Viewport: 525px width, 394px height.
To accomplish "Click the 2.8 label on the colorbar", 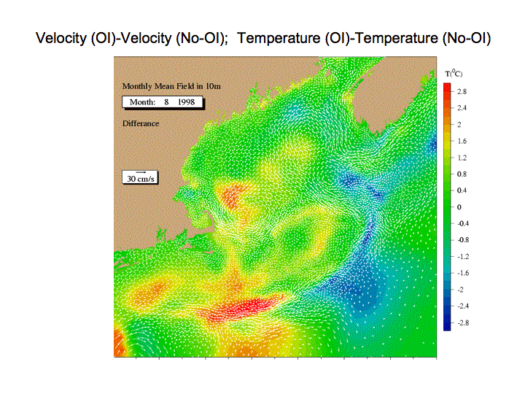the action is click(462, 91).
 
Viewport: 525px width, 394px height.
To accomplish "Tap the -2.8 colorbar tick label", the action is click(463, 322).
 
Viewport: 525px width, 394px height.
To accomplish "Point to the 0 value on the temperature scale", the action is click(459, 207).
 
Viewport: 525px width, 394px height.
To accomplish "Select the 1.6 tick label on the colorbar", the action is click(462, 141).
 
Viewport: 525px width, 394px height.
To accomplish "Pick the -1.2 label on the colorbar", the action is click(463, 257).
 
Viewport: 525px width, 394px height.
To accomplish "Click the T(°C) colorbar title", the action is click(454, 74).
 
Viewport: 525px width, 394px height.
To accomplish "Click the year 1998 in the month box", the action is click(186, 102).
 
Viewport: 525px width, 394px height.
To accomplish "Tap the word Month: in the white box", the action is click(142, 102).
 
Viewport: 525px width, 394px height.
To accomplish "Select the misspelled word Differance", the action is click(141, 123).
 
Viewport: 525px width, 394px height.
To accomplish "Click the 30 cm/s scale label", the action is click(141, 179).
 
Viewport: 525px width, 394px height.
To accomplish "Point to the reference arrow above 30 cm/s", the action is click(141, 172).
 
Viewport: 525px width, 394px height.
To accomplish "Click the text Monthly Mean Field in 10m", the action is click(171, 86).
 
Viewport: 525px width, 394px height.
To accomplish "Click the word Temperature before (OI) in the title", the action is click(279, 38).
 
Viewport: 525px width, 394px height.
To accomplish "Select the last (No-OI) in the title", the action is click(467, 38).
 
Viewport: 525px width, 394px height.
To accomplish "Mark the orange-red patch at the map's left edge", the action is click(119, 341).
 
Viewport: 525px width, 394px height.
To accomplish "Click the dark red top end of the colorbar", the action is click(447, 88).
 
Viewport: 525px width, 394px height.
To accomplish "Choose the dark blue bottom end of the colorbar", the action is click(447, 325).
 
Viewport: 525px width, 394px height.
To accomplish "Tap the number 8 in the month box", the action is click(166, 102).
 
